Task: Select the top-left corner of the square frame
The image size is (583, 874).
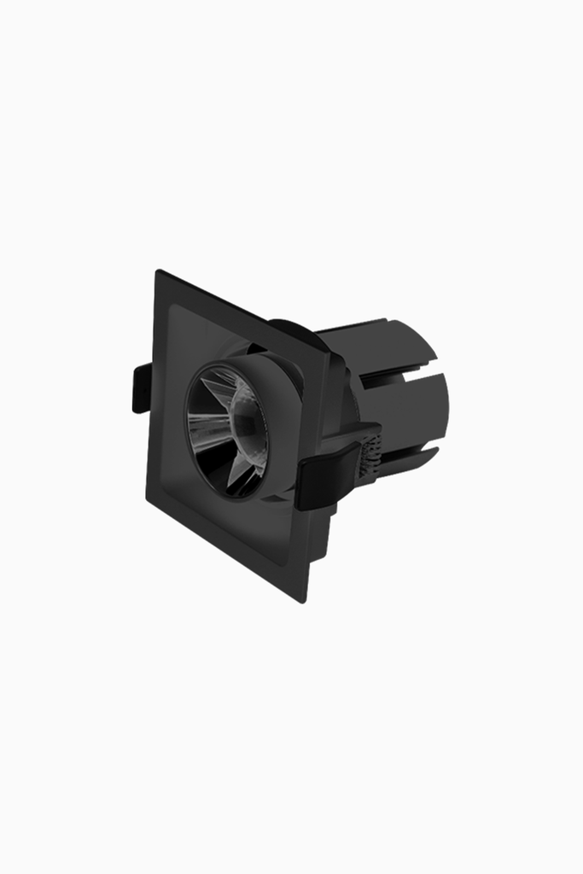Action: coord(158,273)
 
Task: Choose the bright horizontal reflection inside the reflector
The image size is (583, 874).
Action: coord(209,418)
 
